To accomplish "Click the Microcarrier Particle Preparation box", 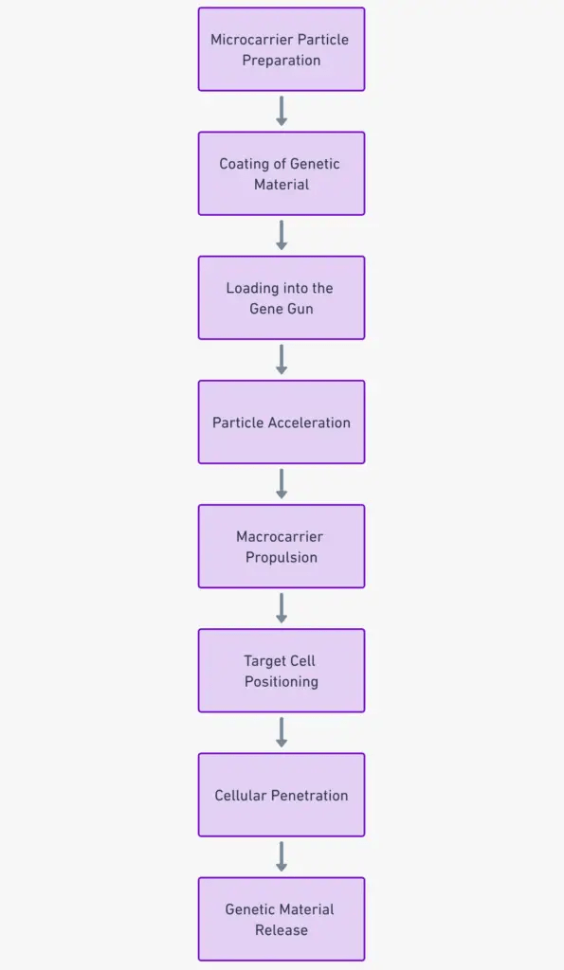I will click(282, 49).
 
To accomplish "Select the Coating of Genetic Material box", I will click(282, 173).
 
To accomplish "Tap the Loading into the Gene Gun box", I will click(282, 297).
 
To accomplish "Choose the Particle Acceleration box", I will click(282, 422).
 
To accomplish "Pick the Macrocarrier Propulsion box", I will click(282, 546).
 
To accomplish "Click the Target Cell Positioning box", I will click(282, 671).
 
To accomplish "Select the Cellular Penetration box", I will click(282, 795).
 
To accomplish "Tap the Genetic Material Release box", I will click(282, 919).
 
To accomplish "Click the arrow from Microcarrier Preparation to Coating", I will click(282, 111).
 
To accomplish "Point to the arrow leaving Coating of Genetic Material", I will click(282, 235).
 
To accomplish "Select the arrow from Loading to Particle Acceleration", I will click(282, 359).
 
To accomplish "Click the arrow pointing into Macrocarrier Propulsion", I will click(282, 483).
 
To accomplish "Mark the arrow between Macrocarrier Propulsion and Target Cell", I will click(282, 608).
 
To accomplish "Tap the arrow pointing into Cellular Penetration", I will click(282, 732).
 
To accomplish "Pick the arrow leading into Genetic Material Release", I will click(282, 856).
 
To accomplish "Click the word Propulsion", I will click(282, 557).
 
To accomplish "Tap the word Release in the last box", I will click(282, 930).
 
